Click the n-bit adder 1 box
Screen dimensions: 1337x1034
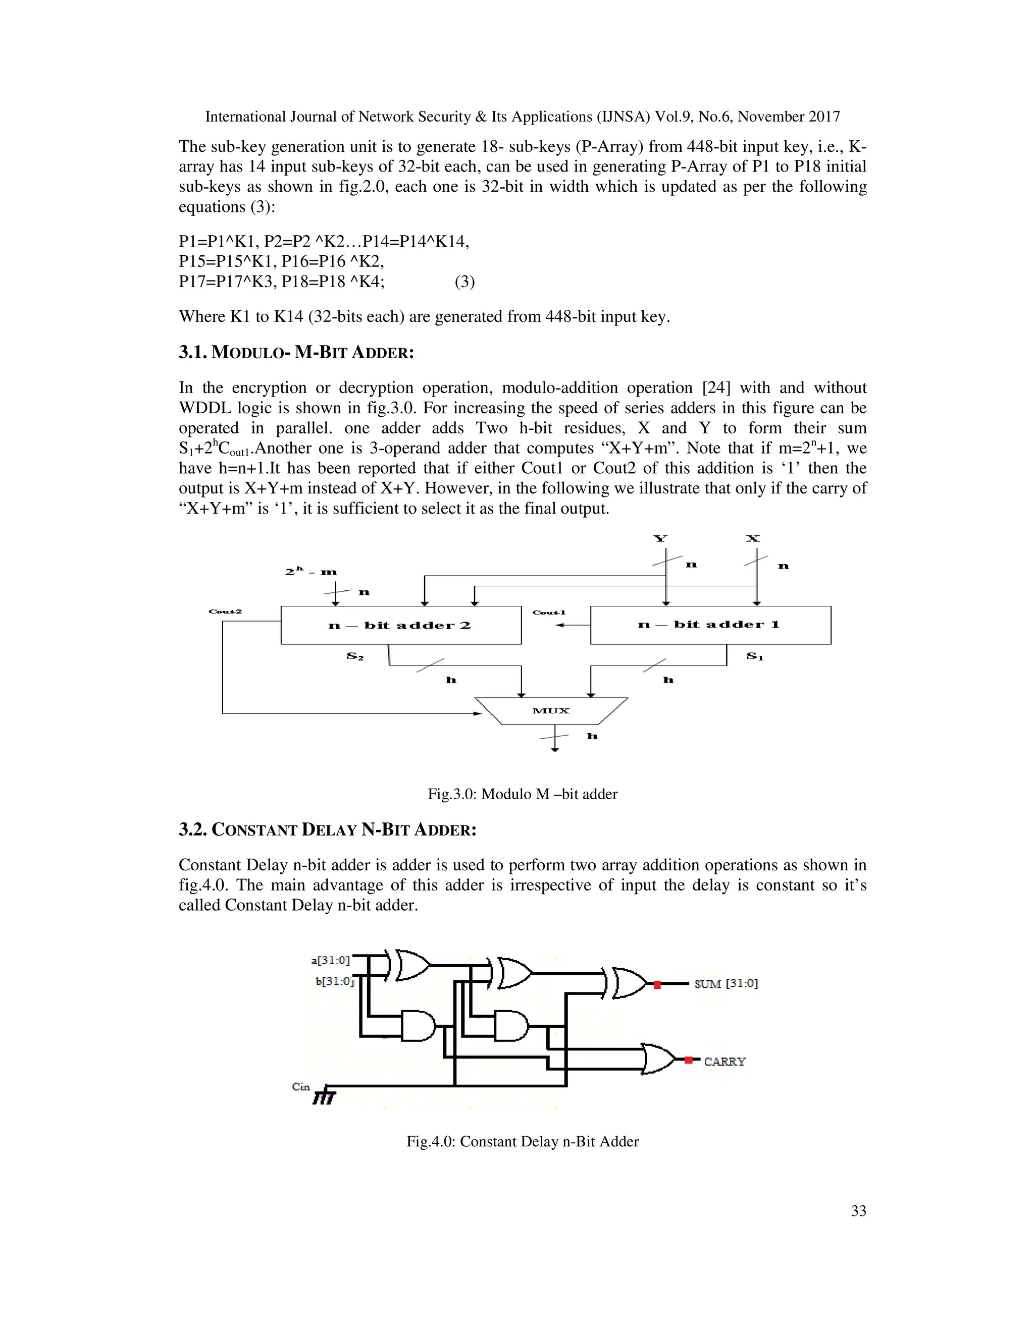(x=710, y=625)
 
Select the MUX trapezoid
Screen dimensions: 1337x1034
(x=551, y=711)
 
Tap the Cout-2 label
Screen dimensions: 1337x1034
(x=225, y=611)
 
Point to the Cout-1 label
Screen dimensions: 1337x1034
(x=548, y=612)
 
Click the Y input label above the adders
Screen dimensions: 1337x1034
(x=660, y=539)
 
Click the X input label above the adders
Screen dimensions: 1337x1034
(x=752, y=539)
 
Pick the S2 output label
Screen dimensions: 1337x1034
(x=354, y=656)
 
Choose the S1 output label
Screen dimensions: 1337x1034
(x=755, y=656)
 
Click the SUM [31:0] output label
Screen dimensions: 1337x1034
(x=726, y=984)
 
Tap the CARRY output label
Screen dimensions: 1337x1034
(x=725, y=1062)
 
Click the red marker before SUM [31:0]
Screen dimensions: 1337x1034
(x=657, y=985)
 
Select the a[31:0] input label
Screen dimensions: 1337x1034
(x=330, y=961)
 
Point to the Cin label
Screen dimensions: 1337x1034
(x=301, y=1087)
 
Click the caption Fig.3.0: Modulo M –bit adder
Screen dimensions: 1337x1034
(x=522, y=794)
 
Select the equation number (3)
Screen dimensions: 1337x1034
(x=464, y=282)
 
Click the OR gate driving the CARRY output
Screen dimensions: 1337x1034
(x=657, y=1059)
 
